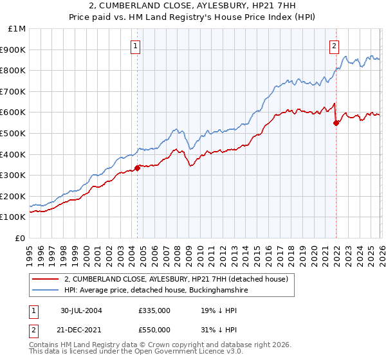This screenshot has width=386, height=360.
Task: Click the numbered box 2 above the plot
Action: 335,46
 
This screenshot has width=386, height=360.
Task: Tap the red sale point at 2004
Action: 138,168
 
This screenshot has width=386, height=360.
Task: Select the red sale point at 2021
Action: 336,123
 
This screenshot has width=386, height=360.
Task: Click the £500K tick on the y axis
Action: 14,133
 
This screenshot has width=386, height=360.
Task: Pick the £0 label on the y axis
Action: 21,238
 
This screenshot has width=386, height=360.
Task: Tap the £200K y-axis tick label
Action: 14,196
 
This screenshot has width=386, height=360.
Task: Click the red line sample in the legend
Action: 46,279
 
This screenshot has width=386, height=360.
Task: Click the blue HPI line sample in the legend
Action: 46,290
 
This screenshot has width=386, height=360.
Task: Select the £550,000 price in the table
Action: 154,330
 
